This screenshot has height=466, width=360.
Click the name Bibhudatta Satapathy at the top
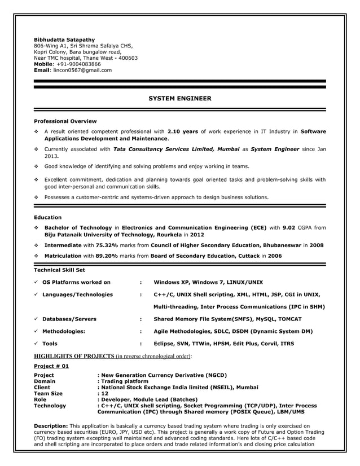[64, 39]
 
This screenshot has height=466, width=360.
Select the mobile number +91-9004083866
[79, 64]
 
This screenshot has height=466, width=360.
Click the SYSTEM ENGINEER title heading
[179, 99]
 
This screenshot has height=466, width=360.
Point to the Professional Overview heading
[65, 121]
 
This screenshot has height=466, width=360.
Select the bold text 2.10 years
[182, 132]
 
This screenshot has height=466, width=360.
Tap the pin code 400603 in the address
[128, 58]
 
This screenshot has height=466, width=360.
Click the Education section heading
[48, 217]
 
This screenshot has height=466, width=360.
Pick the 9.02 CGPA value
[289, 227]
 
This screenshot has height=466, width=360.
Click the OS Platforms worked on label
[76, 282]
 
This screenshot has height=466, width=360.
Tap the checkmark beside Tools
[36, 343]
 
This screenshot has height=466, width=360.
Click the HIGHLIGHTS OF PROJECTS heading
[74, 357]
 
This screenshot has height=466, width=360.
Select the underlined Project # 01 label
[51, 366]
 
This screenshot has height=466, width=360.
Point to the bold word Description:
[51, 425]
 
